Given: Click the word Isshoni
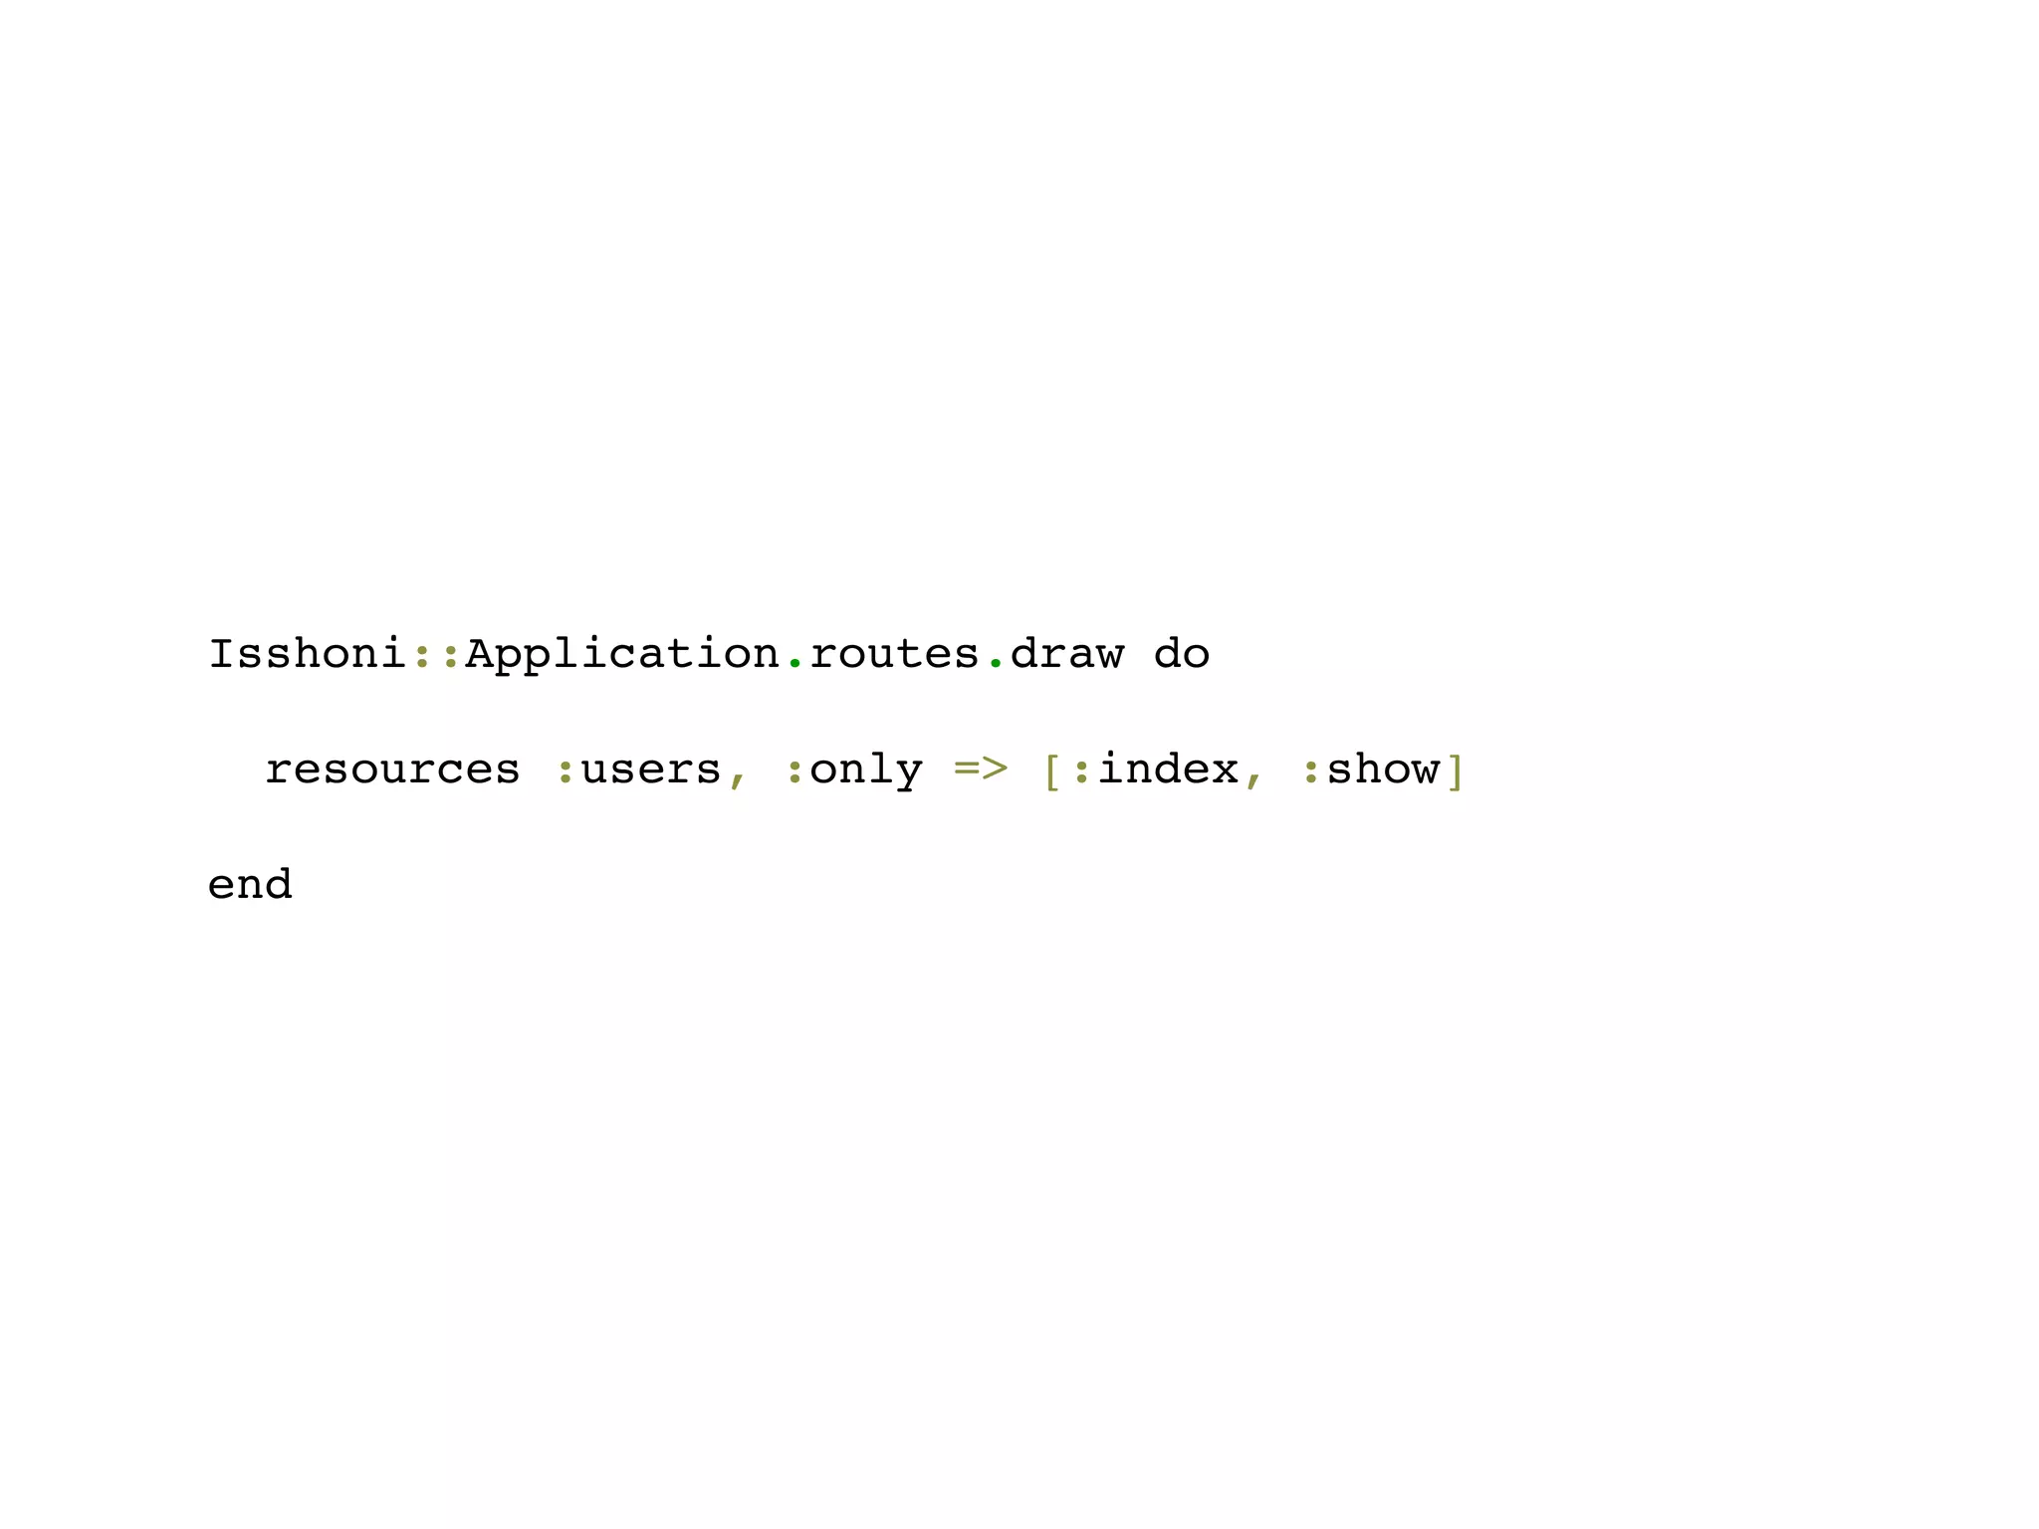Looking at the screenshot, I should click(x=307, y=654).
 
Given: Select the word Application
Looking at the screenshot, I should click(x=622, y=654).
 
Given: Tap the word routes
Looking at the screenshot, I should click(x=894, y=654).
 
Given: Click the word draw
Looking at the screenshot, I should click(x=1066, y=654).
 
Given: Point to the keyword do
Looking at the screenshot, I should click(x=1182, y=654).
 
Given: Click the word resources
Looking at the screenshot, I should click(x=392, y=769).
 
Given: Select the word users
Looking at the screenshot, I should click(x=651, y=769).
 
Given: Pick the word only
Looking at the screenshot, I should click(x=866, y=769).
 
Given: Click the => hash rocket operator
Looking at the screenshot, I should click(x=981, y=768).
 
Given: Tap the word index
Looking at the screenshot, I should click(x=1168, y=769).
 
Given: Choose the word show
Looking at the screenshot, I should click(x=1383, y=769).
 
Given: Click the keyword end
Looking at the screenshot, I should click(x=250, y=884).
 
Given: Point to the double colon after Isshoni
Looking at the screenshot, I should click(x=436, y=655).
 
